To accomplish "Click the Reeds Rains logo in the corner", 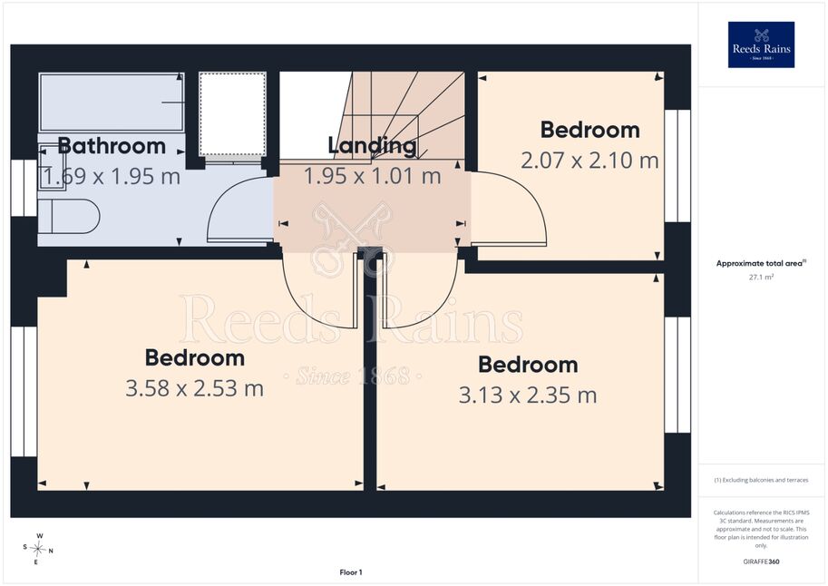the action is (761, 44).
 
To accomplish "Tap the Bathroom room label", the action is (112, 146).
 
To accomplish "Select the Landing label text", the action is (373, 146).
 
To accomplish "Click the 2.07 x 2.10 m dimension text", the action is (589, 161).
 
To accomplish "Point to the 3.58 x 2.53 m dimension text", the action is (194, 388).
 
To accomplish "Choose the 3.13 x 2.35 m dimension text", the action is (528, 396).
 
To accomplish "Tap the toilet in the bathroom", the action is (69, 217).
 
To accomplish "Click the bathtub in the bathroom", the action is (112, 102).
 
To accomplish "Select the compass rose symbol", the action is (38, 549).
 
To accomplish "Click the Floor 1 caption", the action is (351, 572).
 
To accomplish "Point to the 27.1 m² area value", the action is (761, 277).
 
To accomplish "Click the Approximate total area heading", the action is (760, 263).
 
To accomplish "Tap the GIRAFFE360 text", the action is (761, 562).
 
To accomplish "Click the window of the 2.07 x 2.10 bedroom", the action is (677, 166).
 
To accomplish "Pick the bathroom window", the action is (24, 188).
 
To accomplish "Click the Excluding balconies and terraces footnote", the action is (761, 480).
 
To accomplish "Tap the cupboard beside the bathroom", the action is (232, 114).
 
